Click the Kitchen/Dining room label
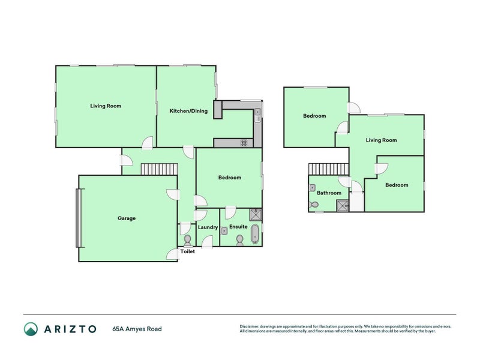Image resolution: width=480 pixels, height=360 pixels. [x=188, y=111]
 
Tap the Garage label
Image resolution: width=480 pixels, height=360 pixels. [x=126, y=218]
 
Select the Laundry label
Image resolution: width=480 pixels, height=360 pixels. [x=207, y=227]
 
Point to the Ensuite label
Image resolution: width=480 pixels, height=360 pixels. [x=238, y=227]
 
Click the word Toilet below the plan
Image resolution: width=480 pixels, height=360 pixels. [x=188, y=251]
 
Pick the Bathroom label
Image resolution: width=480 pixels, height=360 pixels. [x=329, y=193]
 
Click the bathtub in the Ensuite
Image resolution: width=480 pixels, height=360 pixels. [x=256, y=235]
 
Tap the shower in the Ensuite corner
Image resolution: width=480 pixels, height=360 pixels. [x=255, y=212]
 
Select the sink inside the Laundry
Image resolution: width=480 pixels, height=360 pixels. [x=223, y=230]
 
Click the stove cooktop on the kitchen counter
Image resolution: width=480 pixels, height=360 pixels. [x=245, y=143]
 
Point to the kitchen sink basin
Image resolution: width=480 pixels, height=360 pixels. [x=257, y=112]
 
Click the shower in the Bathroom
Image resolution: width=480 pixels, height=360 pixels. [x=342, y=205]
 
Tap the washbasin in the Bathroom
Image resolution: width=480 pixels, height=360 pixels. [x=313, y=188]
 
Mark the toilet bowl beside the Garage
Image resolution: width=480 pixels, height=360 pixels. [x=187, y=240]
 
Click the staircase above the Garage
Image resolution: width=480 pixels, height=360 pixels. [x=160, y=169]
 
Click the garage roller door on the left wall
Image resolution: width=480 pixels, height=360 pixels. [x=77, y=218]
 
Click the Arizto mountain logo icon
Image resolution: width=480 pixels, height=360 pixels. [x=31, y=329]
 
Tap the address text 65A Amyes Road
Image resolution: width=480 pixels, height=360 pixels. [x=137, y=329]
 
